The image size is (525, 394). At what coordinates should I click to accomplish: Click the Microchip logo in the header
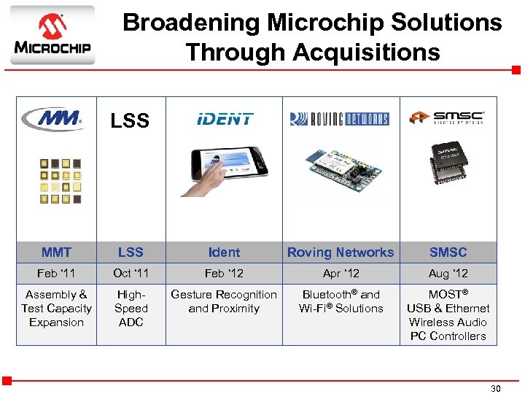52,35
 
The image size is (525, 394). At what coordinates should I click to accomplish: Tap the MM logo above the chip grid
52,119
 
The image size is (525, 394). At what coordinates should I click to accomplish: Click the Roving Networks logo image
339,119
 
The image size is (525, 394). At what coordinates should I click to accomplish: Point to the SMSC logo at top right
446,118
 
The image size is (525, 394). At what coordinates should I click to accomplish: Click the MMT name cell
56,252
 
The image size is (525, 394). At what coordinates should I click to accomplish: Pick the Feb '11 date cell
56,274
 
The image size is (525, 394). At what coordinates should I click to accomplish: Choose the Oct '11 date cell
131,274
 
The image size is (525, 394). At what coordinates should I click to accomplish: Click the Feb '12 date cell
224,274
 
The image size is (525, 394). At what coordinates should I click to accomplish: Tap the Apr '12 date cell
341,274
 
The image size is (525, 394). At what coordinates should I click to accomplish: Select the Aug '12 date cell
448,274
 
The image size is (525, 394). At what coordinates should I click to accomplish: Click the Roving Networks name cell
341,252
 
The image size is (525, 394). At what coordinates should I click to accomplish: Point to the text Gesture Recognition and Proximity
224,301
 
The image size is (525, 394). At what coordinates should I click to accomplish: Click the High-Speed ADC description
131,308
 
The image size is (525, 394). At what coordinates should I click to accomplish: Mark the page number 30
495,389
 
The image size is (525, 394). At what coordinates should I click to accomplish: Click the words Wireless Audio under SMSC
448,322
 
